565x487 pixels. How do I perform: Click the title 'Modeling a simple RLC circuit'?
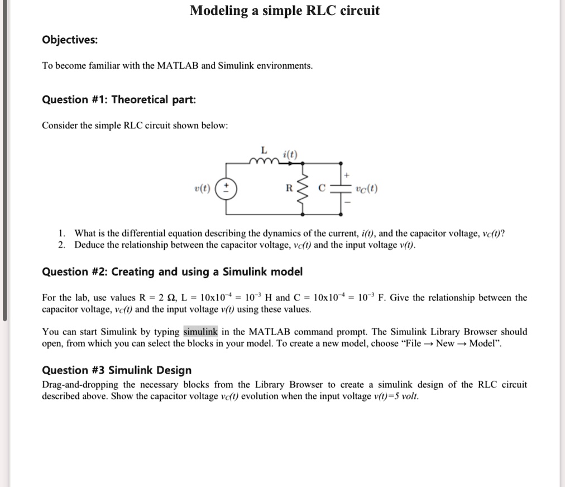[x=284, y=11]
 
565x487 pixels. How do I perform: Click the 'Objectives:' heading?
[x=70, y=40]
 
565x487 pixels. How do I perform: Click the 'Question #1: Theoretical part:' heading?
[x=119, y=100]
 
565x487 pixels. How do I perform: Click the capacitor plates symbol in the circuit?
[x=341, y=188]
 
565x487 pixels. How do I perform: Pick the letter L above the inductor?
[x=264, y=150]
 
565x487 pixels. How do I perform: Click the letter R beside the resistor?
[x=289, y=188]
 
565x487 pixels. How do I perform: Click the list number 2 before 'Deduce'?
[x=62, y=245]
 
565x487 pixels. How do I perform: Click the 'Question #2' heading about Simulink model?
[x=173, y=272]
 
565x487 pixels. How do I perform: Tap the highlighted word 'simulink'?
[x=200, y=332]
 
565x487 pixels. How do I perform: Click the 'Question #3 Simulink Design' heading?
[x=117, y=370]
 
